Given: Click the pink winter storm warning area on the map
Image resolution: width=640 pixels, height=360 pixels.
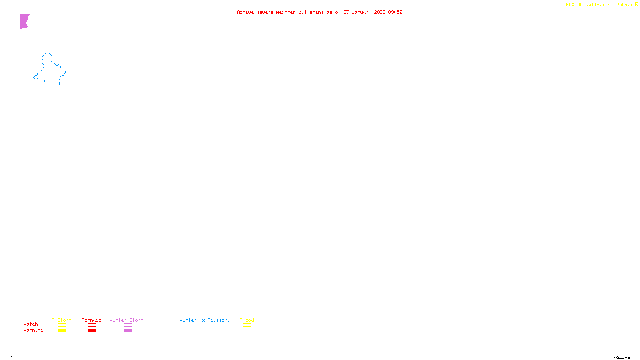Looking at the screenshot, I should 24,21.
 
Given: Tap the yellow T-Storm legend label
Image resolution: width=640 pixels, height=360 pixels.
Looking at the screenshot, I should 62,320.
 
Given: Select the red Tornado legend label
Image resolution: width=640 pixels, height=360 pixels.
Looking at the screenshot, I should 92,320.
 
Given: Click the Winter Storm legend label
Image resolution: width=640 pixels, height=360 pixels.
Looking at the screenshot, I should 126,320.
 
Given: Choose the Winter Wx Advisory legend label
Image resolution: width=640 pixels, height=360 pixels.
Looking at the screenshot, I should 205,320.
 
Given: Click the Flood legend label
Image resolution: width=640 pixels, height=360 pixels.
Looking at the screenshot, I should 247,320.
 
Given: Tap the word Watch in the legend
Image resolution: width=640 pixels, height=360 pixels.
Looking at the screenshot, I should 31,324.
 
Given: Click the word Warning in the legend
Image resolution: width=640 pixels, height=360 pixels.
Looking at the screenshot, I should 34,330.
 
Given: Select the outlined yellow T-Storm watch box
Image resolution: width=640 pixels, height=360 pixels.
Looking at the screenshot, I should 62,325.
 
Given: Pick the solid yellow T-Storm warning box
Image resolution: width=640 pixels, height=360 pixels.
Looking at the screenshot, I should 62,331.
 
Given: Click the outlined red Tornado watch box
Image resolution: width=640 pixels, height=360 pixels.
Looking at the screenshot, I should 92,325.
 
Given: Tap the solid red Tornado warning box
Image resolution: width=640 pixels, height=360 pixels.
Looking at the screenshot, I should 92,331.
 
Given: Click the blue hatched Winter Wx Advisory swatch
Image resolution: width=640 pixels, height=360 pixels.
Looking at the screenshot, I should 204,331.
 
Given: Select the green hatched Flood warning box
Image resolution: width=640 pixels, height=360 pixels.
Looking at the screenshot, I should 247,331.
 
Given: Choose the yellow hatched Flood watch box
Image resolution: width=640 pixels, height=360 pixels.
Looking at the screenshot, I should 247,325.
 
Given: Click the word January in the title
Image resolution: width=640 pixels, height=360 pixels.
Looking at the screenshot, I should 362,12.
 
